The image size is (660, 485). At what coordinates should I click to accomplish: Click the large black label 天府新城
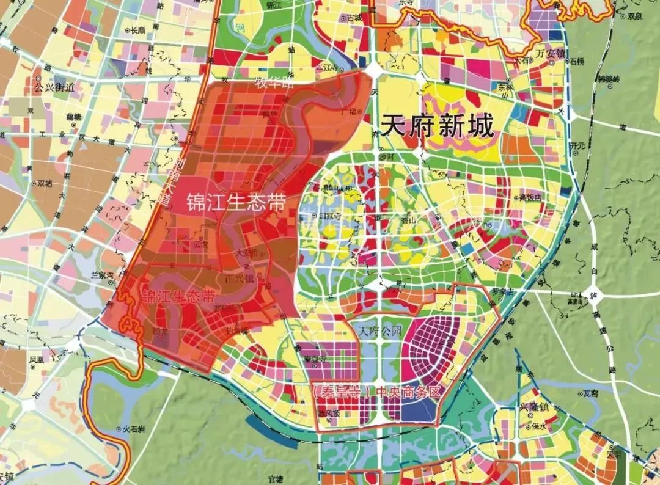pyautogui.click(x=437, y=127)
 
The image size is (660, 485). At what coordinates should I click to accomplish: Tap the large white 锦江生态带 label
pyautogui.click(x=237, y=203)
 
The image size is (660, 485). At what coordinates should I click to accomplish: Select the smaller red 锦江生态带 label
pyautogui.click(x=178, y=297)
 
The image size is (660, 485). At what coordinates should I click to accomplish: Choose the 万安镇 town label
pyautogui.click(x=552, y=53)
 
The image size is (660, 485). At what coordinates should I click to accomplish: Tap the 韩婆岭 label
pyautogui.click(x=609, y=79)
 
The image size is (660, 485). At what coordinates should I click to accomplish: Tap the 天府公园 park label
pyautogui.click(x=380, y=332)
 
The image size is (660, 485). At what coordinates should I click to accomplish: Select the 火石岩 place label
pyautogui.click(x=131, y=430)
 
